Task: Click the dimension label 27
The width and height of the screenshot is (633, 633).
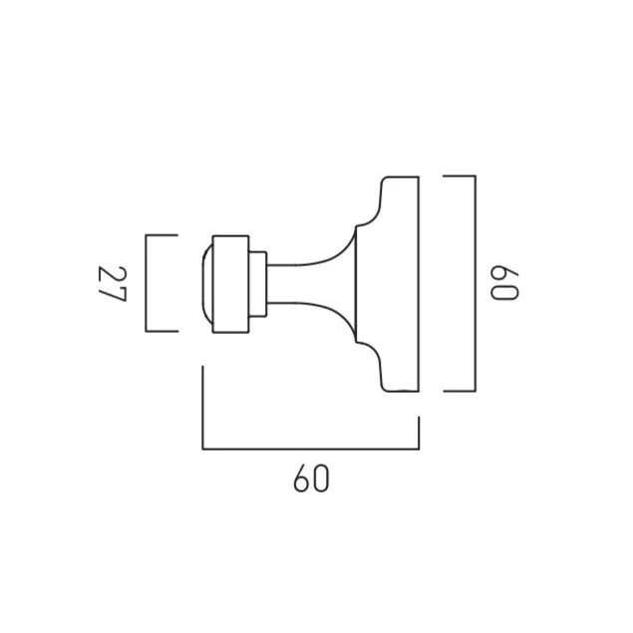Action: [x=113, y=283]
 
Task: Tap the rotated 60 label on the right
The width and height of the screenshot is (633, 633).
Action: [x=503, y=282]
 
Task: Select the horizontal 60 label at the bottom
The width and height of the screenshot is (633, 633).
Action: [x=311, y=478]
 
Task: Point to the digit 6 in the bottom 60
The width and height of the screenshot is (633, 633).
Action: [x=302, y=478]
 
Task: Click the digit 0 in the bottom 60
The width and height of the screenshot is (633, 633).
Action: [x=321, y=478]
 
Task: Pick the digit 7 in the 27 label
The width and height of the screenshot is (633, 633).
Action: [x=113, y=292]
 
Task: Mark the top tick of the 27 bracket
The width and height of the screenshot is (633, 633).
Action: [x=161, y=234]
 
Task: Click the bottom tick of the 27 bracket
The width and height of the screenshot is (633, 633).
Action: [x=161, y=331]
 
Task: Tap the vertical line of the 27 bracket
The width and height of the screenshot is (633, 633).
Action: [x=147, y=283]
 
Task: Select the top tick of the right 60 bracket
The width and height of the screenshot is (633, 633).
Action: [x=460, y=176]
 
